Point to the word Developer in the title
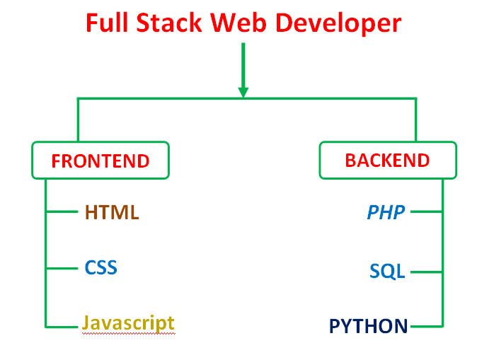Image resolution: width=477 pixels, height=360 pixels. point(338,24)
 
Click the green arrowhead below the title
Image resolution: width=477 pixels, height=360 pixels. point(243,91)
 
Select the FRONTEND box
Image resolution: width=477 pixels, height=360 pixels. point(100,161)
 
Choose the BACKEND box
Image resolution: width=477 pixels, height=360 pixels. point(387,160)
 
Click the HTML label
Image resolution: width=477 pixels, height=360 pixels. point(112,211)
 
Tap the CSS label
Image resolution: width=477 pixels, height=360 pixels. point(100,268)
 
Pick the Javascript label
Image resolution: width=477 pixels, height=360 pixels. point(128,323)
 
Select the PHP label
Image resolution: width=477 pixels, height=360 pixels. point(386,211)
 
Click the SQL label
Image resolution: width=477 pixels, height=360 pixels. point(387,271)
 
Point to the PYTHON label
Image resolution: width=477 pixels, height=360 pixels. point(369,326)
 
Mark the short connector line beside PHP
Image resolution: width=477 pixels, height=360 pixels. point(426,211)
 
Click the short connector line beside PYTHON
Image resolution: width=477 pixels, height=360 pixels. point(426,327)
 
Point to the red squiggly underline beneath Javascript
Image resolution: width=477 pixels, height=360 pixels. point(128,334)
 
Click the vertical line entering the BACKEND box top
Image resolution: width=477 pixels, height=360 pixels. point(415,120)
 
